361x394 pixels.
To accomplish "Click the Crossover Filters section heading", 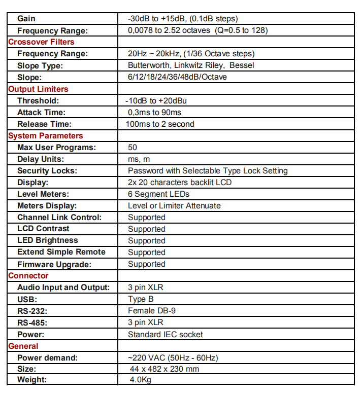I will (x=41, y=42).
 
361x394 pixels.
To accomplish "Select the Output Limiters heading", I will (x=38, y=89).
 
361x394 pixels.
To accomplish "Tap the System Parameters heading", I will (x=45, y=135).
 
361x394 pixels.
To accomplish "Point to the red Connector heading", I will (x=28, y=275).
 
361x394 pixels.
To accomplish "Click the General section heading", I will (x=23, y=346).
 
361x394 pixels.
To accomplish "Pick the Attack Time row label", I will (x=41, y=112).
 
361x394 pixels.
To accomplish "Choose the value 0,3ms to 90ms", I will (x=154, y=112).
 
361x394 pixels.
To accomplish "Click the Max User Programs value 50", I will (x=133, y=147).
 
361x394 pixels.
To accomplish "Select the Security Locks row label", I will (x=47, y=170).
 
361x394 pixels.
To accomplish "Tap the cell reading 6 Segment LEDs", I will (x=158, y=194).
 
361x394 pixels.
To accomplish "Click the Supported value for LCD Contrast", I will (x=147, y=229).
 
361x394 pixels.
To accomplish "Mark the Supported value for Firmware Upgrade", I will (x=147, y=264).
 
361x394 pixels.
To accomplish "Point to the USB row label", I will (x=27, y=299).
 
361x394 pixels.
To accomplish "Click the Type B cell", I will (x=141, y=299).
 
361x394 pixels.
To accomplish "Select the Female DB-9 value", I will (x=152, y=310).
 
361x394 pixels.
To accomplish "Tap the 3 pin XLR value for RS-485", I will (x=145, y=322).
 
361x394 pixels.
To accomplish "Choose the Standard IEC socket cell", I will (x=165, y=334).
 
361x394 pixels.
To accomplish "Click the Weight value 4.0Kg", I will (x=141, y=380).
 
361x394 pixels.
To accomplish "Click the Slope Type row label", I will (x=40, y=65).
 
